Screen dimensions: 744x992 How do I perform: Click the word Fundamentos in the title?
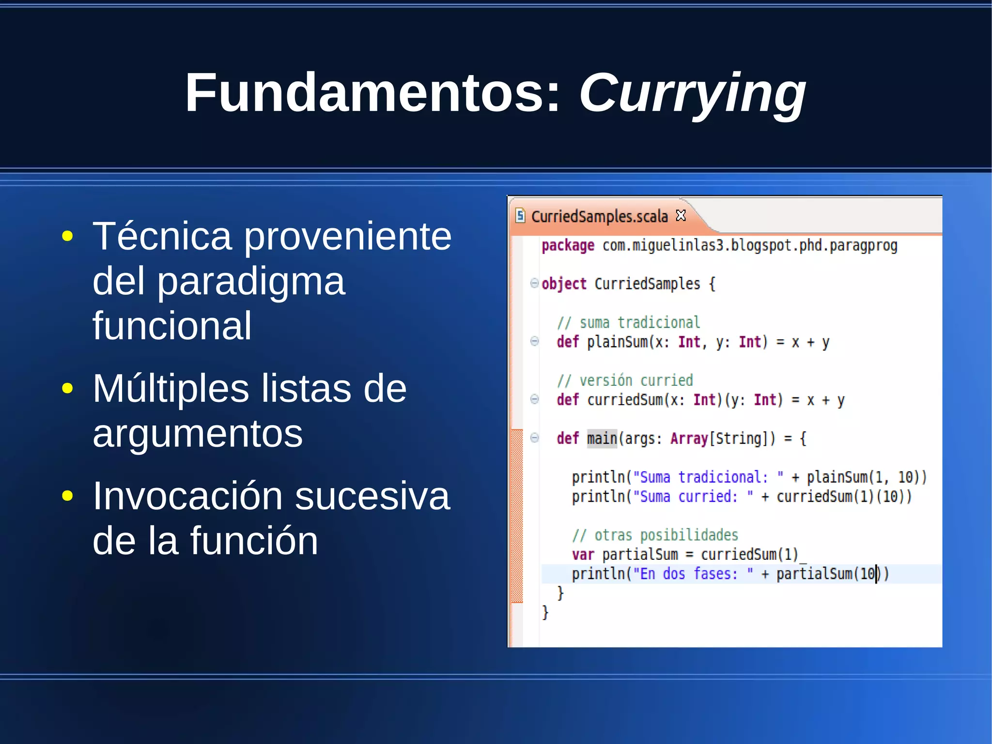pyautogui.click(x=372, y=92)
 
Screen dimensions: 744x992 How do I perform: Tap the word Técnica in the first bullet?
pyautogui.click(x=162, y=236)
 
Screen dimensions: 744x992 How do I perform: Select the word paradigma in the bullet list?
pyautogui.click(x=251, y=281)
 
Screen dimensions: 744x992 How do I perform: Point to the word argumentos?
pyautogui.click(x=198, y=433)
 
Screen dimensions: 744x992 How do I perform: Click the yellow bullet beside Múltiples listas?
pyautogui.click(x=68, y=388)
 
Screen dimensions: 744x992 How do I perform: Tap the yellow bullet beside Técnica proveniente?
pyautogui.click(x=68, y=237)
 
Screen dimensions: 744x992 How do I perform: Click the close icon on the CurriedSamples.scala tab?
pyautogui.click(x=681, y=215)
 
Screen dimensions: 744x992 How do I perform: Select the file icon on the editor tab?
pyautogui.click(x=520, y=215)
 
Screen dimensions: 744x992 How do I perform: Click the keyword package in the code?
pyautogui.click(x=568, y=246)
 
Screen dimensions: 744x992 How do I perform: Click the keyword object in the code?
pyautogui.click(x=564, y=284)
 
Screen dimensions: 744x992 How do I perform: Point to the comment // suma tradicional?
pyautogui.click(x=628, y=322)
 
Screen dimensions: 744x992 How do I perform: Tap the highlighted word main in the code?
pyautogui.click(x=602, y=439)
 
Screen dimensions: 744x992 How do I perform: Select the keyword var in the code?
pyautogui.click(x=583, y=554)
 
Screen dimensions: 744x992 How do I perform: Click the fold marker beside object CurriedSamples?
pyautogui.click(x=534, y=283)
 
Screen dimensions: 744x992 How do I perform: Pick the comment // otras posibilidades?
pyautogui.click(x=655, y=535)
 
